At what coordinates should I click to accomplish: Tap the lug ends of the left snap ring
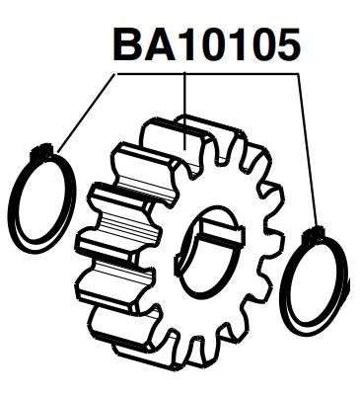coord(42,150)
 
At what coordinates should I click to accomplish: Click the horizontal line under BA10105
coord(197,73)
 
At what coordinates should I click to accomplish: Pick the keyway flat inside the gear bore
coord(220,232)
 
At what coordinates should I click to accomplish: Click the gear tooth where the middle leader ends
coord(187,143)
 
